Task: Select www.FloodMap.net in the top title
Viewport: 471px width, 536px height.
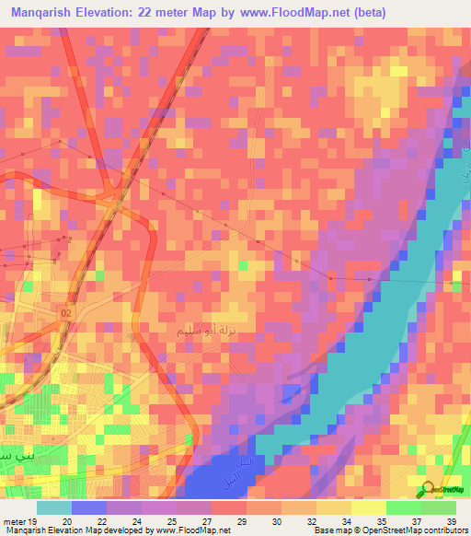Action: [305, 12]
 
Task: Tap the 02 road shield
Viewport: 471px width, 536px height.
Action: [65, 313]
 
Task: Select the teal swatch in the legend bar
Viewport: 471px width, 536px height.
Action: [54, 507]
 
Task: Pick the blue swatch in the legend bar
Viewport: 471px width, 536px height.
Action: [89, 507]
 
